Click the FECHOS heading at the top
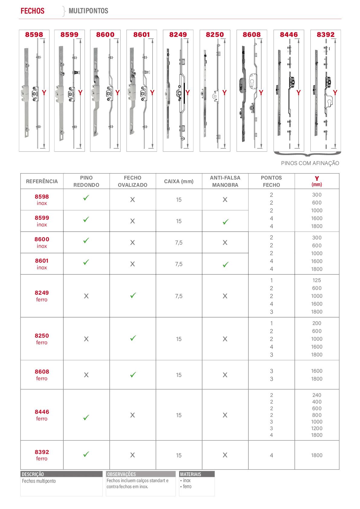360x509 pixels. (x=33, y=11)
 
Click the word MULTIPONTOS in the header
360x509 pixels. (x=88, y=11)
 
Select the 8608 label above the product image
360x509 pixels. (x=251, y=34)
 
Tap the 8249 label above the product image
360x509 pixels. (x=178, y=34)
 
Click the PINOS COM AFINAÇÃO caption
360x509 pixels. (x=310, y=163)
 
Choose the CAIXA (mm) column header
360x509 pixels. (x=179, y=181)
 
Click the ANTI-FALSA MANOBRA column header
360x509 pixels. (x=225, y=181)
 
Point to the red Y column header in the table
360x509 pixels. (x=317, y=181)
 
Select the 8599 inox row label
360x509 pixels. (x=42, y=221)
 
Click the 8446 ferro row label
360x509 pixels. (x=42, y=415)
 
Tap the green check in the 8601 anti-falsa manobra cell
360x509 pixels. (x=225, y=264)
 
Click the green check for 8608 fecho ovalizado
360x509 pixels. (x=133, y=374)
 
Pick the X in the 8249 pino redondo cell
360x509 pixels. (x=86, y=296)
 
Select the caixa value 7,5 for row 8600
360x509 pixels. (x=179, y=243)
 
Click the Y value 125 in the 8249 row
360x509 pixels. (x=317, y=280)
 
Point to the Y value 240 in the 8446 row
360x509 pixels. (x=317, y=395)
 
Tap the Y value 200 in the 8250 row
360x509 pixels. (x=317, y=323)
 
